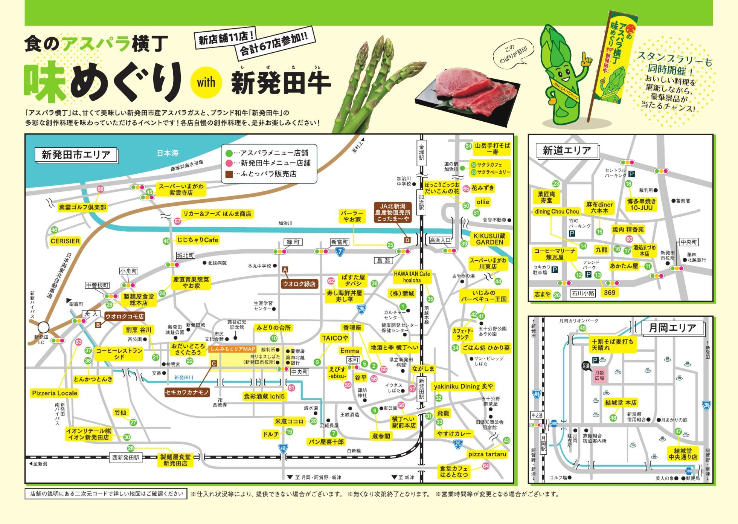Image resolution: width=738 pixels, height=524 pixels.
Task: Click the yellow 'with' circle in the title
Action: click(x=206, y=82)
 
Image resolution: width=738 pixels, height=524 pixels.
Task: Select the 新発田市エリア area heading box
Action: click(x=76, y=154)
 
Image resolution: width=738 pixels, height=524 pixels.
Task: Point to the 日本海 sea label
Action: click(x=168, y=153)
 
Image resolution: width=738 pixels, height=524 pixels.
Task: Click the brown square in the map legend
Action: click(x=229, y=174)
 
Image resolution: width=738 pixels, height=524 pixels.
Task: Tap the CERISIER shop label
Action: click(x=65, y=241)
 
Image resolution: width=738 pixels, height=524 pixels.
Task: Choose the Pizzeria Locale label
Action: click(x=55, y=393)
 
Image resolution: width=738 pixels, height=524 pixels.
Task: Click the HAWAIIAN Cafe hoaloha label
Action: click(x=412, y=277)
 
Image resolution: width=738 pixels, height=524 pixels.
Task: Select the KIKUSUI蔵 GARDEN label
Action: click(x=489, y=239)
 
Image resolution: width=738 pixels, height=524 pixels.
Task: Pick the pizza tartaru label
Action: click(x=487, y=454)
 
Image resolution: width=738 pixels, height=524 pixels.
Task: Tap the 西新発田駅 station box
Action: click(x=126, y=457)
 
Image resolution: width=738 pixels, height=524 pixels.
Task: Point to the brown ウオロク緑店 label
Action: click(x=299, y=284)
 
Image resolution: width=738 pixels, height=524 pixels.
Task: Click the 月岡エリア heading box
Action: click(x=672, y=328)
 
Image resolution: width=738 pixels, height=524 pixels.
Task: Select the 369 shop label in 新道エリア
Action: click(x=609, y=292)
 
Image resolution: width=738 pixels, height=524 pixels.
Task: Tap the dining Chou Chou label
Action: click(x=557, y=211)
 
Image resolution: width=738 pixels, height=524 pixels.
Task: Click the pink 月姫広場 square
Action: click(x=599, y=375)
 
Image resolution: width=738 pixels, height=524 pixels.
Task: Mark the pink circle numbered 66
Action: click(x=100, y=189)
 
